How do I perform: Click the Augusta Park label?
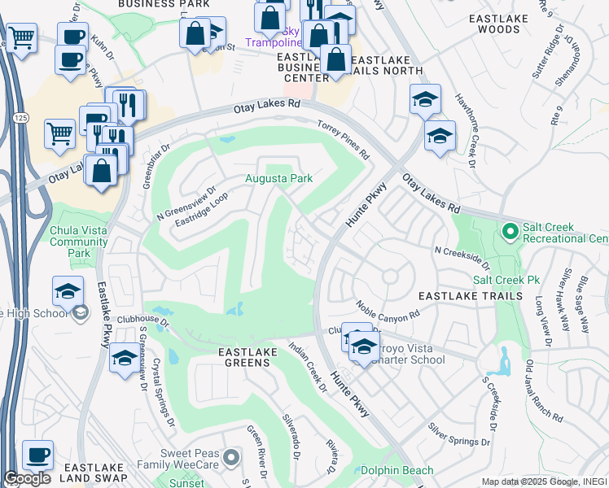coord(279,178)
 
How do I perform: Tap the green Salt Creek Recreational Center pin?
coord(510,233)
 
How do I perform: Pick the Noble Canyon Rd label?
coord(387,310)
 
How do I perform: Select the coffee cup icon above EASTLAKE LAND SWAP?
coord(37,455)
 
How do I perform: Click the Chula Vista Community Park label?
coord(79,242)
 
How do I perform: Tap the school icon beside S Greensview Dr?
coord(124,359)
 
